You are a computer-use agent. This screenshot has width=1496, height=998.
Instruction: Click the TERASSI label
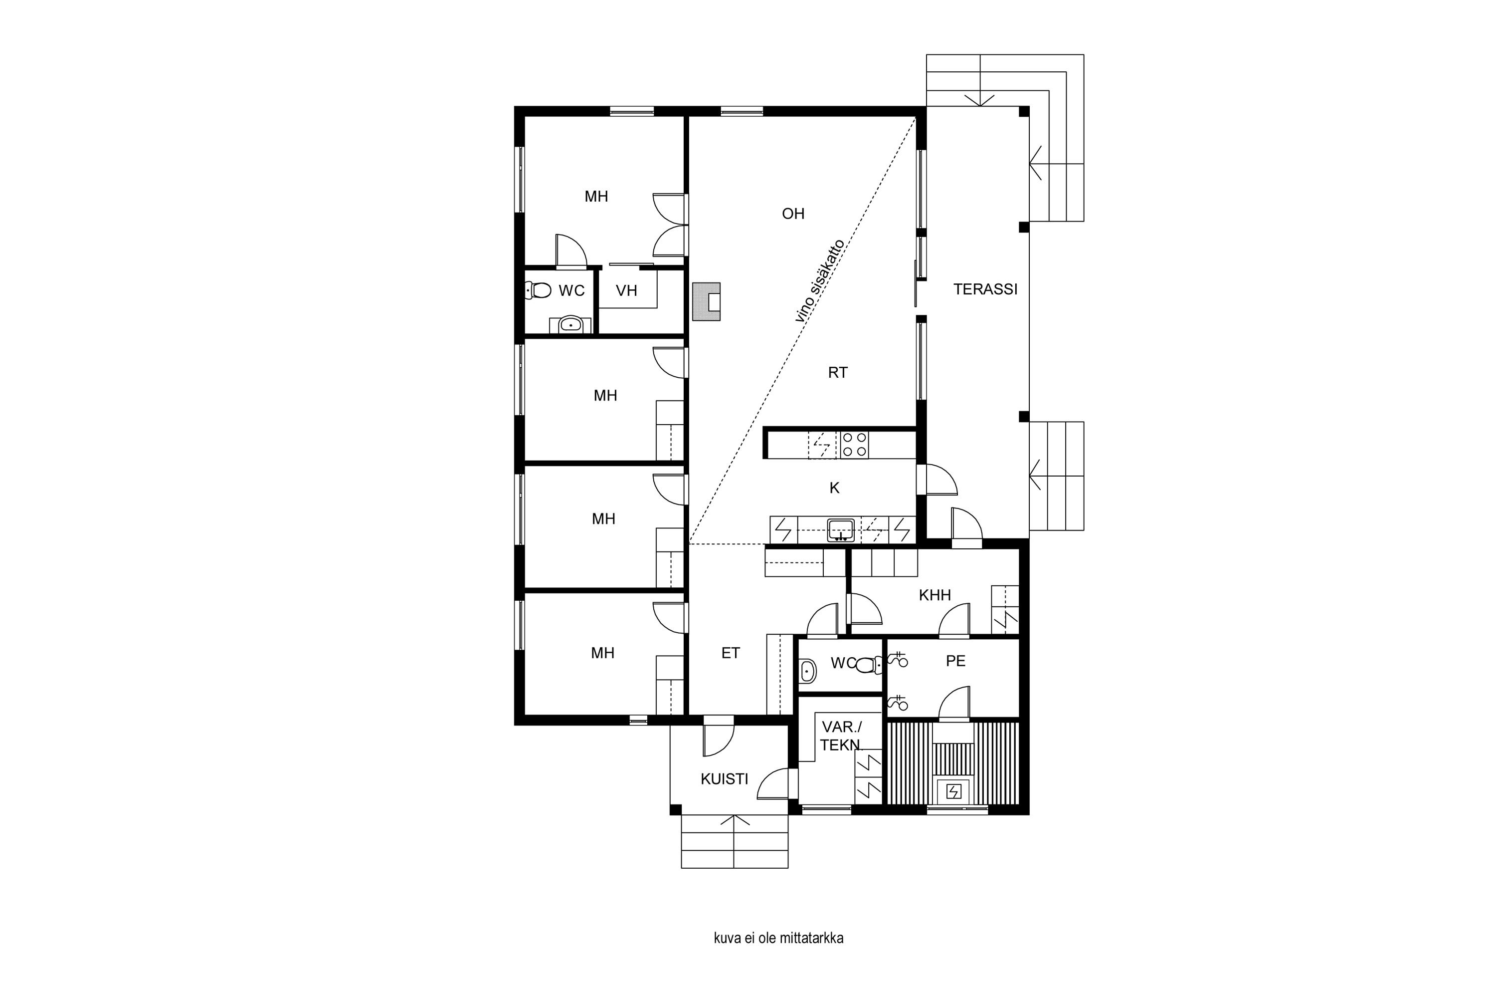pos(985,289)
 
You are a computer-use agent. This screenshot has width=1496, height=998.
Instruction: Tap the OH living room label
pos(793,214)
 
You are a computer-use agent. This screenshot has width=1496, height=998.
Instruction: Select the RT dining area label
pos(838,373)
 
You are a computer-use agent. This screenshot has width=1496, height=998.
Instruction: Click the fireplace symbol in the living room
pos(707,302)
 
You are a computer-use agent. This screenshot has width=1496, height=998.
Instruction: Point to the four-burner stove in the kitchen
pos(854,444)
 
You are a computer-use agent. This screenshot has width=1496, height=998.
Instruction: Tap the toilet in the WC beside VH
pos(538,290)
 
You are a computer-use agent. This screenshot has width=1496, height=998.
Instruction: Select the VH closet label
pos(626,291)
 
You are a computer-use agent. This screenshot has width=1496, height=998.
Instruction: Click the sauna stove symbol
pos(953,791)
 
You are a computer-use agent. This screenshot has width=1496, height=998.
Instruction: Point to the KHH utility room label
pos(935,595)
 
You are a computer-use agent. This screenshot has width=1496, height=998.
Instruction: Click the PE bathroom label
pos(956,661)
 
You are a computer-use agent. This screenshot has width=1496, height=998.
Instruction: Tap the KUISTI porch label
pos(725,779)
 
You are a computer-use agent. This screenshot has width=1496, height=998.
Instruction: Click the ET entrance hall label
pos(731,653)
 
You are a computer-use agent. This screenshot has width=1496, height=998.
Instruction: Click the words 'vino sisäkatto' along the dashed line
pos(820,280)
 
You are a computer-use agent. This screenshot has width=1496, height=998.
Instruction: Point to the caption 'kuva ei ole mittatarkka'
pos(778,938)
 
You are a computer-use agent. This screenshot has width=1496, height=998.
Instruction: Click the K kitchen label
pos(834,488)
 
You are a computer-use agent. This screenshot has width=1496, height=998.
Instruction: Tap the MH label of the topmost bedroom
pos(596,197)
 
